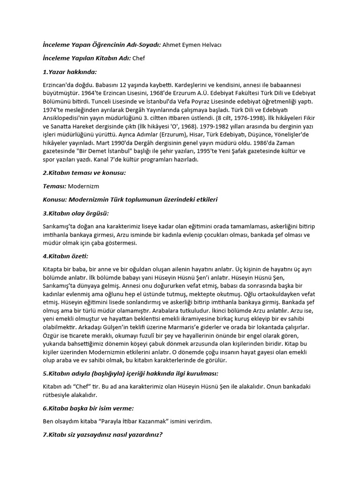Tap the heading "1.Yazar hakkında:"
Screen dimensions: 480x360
point(69,72)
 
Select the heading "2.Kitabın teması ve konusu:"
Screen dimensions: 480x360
point(84,173)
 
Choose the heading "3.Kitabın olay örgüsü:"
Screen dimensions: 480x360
point(75,213)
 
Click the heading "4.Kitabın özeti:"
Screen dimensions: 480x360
point(65,256)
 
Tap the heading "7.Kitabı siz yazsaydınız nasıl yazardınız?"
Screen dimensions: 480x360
point(103,435)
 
